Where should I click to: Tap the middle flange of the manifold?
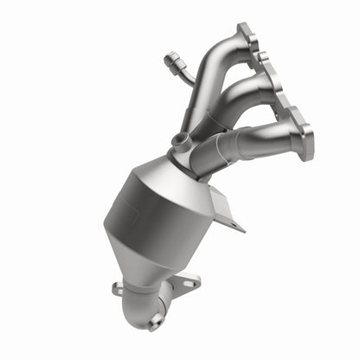278,84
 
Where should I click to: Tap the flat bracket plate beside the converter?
227,207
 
